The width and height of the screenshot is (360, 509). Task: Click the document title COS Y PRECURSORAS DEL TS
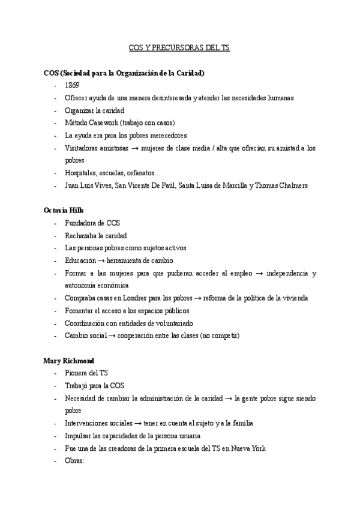coord(179,47)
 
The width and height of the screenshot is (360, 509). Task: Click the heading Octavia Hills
coord(63,211)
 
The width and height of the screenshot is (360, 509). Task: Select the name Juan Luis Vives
coord(88,185)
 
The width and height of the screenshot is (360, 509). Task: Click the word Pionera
coord(77,373)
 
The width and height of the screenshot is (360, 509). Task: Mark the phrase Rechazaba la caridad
coord(96,236)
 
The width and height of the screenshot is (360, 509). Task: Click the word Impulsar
coord(79,436)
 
